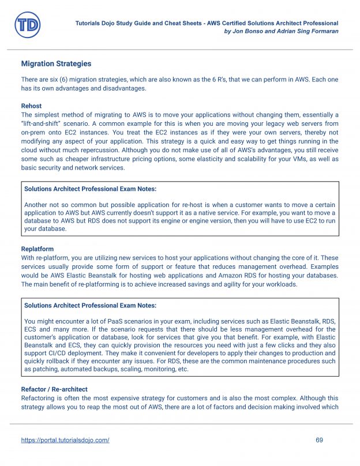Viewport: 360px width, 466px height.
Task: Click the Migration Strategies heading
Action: (56, 63)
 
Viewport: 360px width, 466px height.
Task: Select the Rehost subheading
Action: (31, 106)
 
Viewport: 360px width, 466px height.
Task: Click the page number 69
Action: (320, 440)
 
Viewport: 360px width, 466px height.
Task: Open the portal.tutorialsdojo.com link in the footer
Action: (65, 440)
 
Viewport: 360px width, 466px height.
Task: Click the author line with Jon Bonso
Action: (280, 31)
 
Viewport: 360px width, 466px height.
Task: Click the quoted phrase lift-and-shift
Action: (43, 123)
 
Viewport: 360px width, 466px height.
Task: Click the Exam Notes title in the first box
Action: (90, 189)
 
